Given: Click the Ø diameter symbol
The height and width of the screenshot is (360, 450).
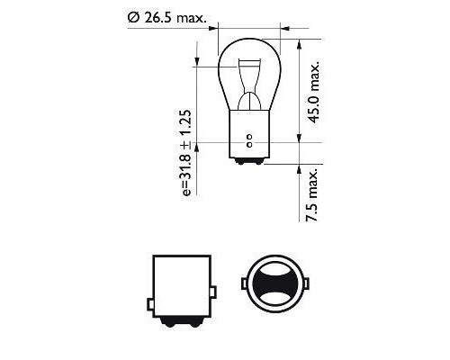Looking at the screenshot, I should pyautogui.click(x=133, y=15).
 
